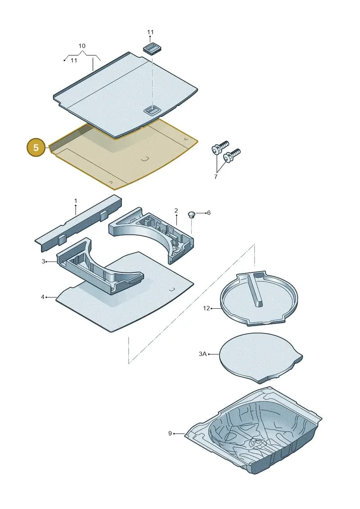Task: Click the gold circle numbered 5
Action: tap(36, 147)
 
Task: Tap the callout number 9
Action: tap(170, 433)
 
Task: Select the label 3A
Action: tap(202, 354)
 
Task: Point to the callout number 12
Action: tap(207, 308)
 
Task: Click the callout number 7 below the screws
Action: tap(216, 176)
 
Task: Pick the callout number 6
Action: tap(209, 212)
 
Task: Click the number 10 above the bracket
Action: tap(82, 46)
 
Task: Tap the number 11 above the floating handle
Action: tap(150, 32)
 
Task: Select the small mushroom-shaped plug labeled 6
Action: tap(192, 215)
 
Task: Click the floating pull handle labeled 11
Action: tap(152, 48)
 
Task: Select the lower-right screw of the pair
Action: tap(232, 156)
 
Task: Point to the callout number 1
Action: tap(76, 201)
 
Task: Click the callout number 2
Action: tap(176, 211)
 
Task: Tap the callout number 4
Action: tap(42, 297)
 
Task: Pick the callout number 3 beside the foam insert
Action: tap(44, 261)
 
